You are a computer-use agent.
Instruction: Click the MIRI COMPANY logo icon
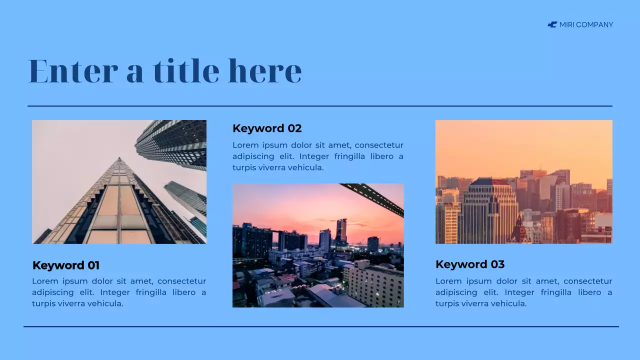[x=552, y=24]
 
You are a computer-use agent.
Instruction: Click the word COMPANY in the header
[x=594, y=24]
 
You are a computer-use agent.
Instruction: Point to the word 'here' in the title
[x=265, y=71]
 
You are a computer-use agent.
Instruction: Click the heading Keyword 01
[x=66, y=265]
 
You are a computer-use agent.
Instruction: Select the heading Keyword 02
[x=267, y=128]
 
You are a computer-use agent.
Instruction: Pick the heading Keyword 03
[x=470, y=264]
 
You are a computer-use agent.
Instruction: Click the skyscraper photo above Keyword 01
[x=119, y=182]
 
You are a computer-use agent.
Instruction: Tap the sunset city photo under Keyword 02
[x=318, y=245]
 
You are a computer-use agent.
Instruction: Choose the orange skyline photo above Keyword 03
[x=523, y=182]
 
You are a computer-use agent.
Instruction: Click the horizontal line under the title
[x=320, y=106]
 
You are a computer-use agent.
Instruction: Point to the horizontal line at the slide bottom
[x=320, y=326]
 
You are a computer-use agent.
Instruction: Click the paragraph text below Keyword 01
[x=119, y=292]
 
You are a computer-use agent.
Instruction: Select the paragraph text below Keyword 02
[x=318, y=156]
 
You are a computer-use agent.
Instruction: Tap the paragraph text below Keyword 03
[x=523, y=292]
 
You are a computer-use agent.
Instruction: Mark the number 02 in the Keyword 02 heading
[x=294, y=128]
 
